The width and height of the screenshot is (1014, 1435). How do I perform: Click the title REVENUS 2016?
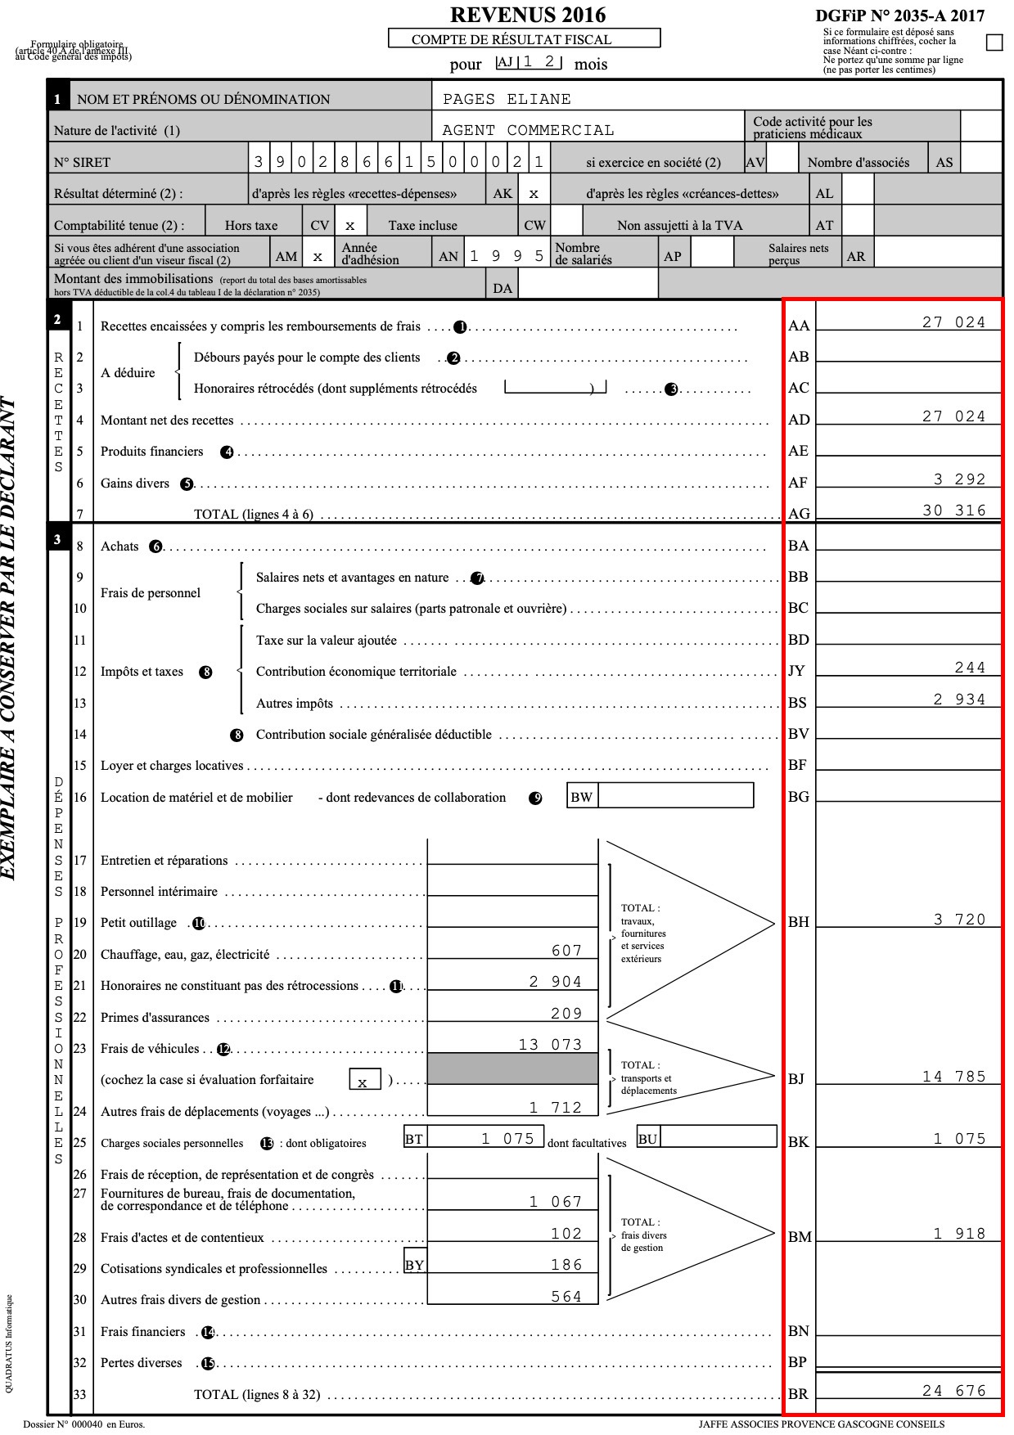pyautogui.click(x=528, y=15)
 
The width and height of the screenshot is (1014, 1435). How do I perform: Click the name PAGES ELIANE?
pyautogui.click(x=507, y=99)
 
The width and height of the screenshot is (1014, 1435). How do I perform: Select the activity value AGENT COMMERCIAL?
pyautogui.click(x=528, y=130)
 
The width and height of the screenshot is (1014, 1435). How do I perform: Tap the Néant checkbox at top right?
pyautogui.click(x=994, y=43)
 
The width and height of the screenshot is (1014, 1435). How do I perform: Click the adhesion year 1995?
pyautogui.click(x=506, y=256)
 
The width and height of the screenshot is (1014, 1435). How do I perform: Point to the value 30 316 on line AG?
pyautogui.click(x=954, y=511)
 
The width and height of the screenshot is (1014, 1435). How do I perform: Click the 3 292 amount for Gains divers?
pyautogui.click(x=959, y=479)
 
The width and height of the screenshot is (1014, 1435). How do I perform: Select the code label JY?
pyautogui.click(x=796, y=671)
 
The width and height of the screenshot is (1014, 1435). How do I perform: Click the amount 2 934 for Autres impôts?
pyautogui.click(x=959, y=700)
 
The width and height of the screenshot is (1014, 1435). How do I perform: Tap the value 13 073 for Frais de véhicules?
pyautogui.click(x=550, y=1045)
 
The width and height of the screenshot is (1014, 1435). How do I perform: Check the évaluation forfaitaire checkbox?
pyautogui.click(x=363, y=1081)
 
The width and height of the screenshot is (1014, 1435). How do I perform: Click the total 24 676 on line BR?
pyautogui.click(x=954, y=1391)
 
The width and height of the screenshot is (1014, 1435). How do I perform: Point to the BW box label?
pyautogui.click(x=581, y=797)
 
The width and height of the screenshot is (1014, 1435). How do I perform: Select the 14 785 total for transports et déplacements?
pyautogui.click(x=954, y=1077)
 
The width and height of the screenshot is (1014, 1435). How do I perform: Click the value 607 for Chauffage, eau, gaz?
pyautogui.click(x=566, y=951)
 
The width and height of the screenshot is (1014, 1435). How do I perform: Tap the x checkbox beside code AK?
pyautogui.click(x=534, y=194)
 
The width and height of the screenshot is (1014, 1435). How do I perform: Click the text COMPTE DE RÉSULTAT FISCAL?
pyautogui.click(x=523, y=39)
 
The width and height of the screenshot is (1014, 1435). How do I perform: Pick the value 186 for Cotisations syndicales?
pyautogui.click(x=566, y=1265)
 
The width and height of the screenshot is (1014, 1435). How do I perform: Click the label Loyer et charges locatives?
pyautogui.click(x=172, y=766)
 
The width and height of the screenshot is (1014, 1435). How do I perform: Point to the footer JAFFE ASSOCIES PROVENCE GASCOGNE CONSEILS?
pyautogui.click(x=821, y=1424)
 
